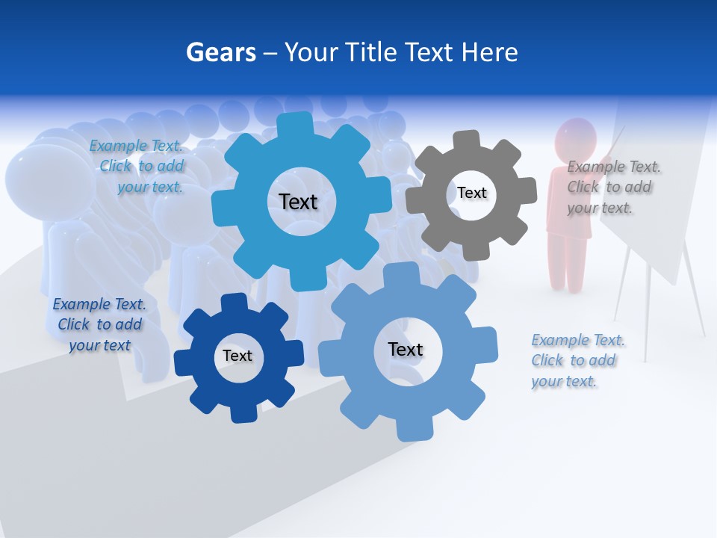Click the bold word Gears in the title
(x=220, y=52)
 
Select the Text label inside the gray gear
(x=472, y=193)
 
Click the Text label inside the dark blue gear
(x=238, y=356)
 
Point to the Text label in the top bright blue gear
(x=298, y=202)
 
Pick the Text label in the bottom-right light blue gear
(x=406, y=349)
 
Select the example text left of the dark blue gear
(x=99, y=324)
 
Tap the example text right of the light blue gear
(x=578, y=360)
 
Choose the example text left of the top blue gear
(x=137, y=166)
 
